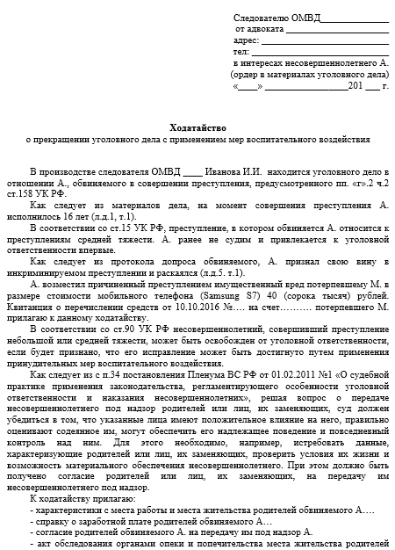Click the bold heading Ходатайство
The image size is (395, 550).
tap(197, 126)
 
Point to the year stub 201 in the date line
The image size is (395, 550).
tap(355, 87)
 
